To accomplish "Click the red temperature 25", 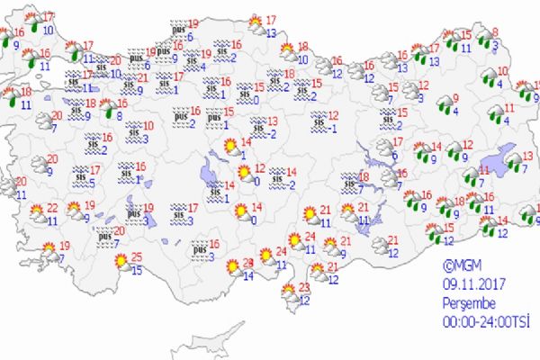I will (136, 258).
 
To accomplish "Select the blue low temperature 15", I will (136, 271).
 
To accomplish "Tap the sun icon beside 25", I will (120, 263).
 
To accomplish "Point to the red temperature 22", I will (52, 207).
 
